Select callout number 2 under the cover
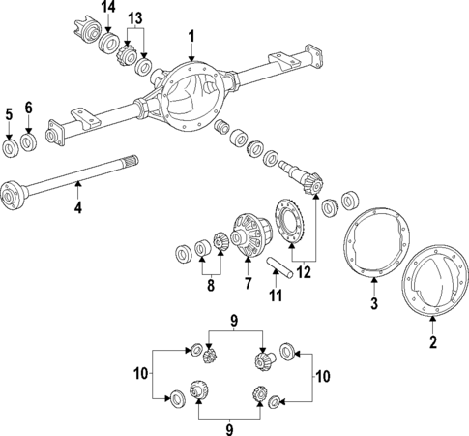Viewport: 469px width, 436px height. (433, 341)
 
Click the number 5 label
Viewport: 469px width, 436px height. (9, 113)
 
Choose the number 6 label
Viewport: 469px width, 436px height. (28, 107)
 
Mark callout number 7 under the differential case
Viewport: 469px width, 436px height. (249, 285)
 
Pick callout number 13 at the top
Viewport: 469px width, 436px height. (134, 19)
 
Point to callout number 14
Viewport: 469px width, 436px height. (108, 8)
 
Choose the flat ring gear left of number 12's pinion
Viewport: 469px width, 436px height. (290, 221)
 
